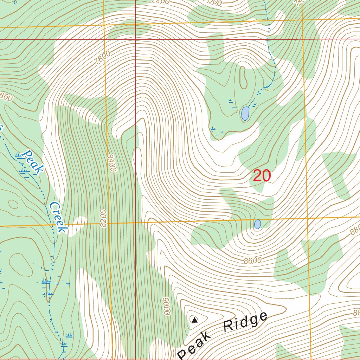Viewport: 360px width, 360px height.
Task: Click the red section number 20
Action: [x=262, y=176]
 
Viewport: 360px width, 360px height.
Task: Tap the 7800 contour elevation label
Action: [x=102, y=57]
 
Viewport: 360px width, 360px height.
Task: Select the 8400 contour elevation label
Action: [x=112, y=162]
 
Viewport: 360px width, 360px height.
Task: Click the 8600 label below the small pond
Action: [x=252, y=261]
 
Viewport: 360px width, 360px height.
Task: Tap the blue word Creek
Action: [x=58, y=217]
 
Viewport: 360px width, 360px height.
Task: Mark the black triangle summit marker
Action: [x=194, y=320]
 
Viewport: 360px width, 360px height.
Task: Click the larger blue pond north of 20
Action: [x=245, y=114]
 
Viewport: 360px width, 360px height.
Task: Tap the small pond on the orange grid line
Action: [x=257, y=224]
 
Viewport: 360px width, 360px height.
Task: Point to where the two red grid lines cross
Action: [x=135, y=39]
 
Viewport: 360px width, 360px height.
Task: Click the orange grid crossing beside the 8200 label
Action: [x=108, y=223]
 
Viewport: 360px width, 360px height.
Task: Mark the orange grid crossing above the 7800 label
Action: [x=104, y=25]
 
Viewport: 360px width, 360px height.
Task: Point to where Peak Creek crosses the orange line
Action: [x=53, y=225]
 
